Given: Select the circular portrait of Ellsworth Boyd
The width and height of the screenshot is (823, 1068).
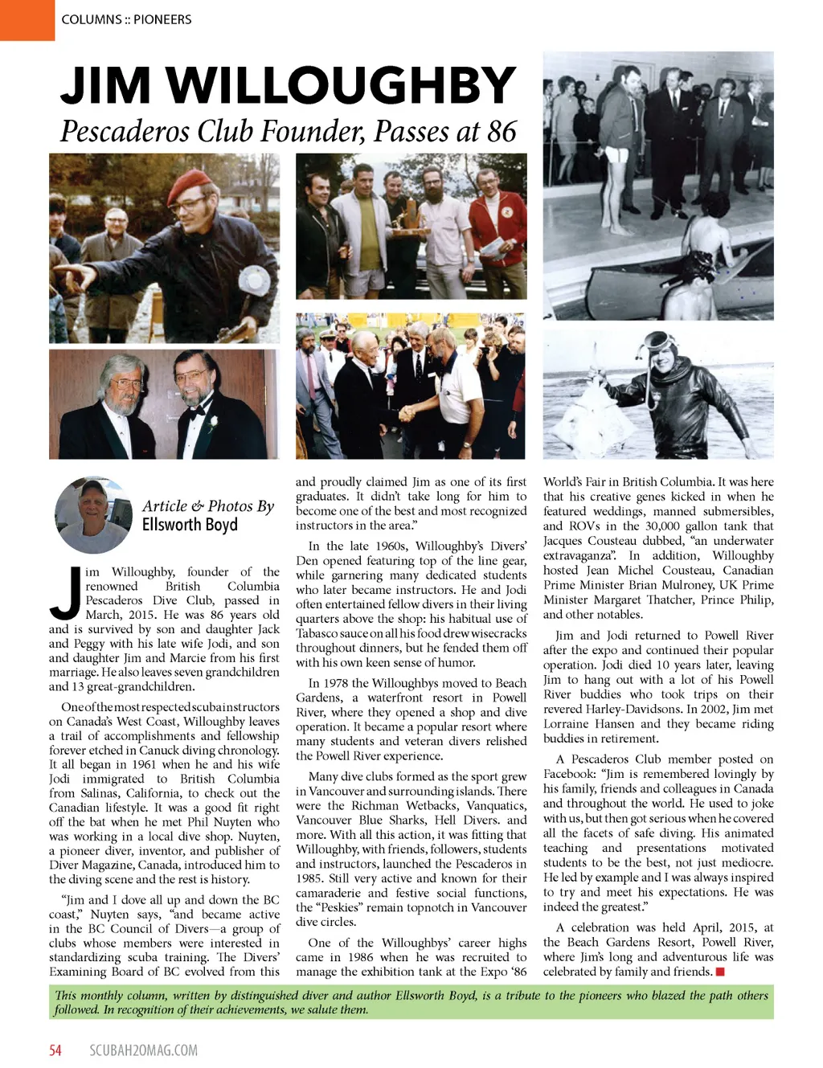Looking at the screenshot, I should [x=92, y=514].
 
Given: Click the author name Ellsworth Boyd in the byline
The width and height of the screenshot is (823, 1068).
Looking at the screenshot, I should [x=190, y=526].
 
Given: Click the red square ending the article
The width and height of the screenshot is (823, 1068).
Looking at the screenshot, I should [x=720, y=972].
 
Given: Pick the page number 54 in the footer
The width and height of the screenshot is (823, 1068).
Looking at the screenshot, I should [x=55, y=1050].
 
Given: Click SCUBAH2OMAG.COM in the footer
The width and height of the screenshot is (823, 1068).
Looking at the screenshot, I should [x=143, y=1050].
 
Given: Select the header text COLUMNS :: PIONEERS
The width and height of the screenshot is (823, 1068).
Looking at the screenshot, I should [x=126, y=19].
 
